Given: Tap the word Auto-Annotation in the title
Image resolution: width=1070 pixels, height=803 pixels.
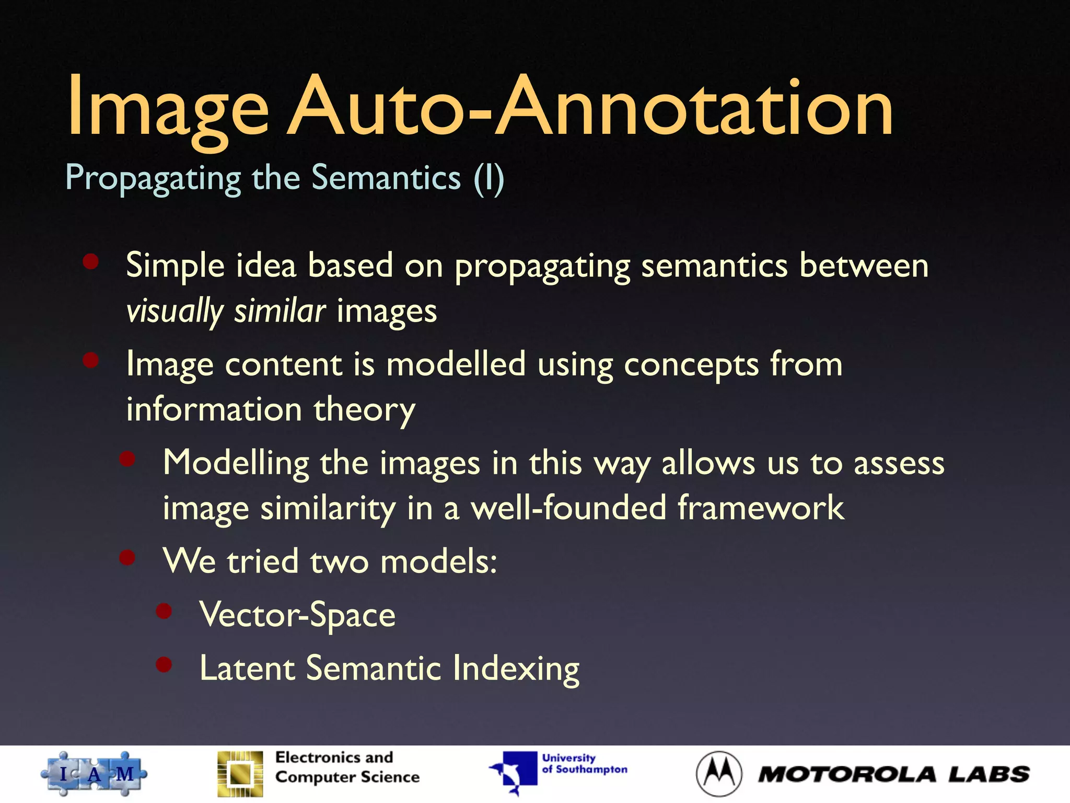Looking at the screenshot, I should pyautogui.click(x=590, y=107).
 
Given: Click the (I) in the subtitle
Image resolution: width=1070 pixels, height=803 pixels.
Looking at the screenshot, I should pyautogui.click(x=489, y=179).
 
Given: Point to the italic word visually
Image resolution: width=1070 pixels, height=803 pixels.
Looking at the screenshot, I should pyautogui.click(x=175, y=312).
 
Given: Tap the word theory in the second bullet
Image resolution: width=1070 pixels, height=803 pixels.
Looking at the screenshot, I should pyautogui.click(x=364, y=410).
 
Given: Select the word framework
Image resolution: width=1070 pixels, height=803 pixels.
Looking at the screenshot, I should pyautogui.click(x=760, y=508).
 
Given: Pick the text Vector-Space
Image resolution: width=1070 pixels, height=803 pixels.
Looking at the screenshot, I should pyautogui.click(x=297, y=615).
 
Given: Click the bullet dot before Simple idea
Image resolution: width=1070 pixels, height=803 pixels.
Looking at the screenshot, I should pyautogui.click(x=91, y=261).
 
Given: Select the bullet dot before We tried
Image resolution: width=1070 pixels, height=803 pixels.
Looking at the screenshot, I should pyautogui.click(x=127, y=557).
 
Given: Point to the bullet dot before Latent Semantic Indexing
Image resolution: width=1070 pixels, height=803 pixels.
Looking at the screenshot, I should pyautogui.click(x=164, y=664).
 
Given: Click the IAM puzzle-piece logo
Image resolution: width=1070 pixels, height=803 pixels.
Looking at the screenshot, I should pyautogui.click(x=94, y=774).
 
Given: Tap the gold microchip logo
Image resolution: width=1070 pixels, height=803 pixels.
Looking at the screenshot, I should pyautogui.click(x=240, y=774).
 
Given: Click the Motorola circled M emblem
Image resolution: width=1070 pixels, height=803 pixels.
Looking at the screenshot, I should pyautogui.click(x=719, y=774).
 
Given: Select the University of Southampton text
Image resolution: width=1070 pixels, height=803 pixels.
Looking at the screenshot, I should pyautogui.click(x=584, y=764).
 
